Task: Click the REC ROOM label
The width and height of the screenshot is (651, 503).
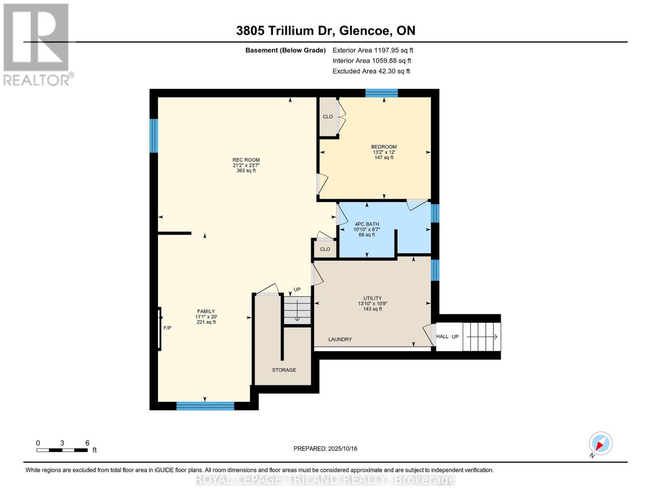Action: click(246, 160)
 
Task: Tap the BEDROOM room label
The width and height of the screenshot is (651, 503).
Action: click(384, 147)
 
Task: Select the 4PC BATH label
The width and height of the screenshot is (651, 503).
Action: click(366, 224)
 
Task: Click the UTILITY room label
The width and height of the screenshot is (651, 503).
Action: click(372, 298)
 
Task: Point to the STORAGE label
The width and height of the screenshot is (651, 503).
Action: click(284, 370)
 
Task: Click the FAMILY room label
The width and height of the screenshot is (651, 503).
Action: click(206, 311)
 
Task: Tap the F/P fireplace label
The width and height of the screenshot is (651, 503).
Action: click(167, 328)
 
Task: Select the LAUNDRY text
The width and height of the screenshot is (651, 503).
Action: click(340, 339)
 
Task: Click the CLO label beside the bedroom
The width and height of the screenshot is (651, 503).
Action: click(328, 117)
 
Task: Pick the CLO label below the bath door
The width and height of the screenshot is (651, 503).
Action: click(325, 249)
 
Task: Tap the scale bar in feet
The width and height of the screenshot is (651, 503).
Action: click(62, 450)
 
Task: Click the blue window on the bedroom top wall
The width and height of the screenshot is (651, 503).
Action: click(381, 93)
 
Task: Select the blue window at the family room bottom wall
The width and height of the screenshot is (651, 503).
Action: click(205, 406)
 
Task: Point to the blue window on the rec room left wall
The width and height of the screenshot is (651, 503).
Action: click(154, 135)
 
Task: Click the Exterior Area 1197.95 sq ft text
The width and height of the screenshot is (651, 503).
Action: click(373, 50)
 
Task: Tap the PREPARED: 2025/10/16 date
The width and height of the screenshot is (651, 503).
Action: click(325, 449)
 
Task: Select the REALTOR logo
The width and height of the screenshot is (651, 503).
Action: click(37, 44)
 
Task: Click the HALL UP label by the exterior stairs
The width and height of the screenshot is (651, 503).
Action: click(447, 336)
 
